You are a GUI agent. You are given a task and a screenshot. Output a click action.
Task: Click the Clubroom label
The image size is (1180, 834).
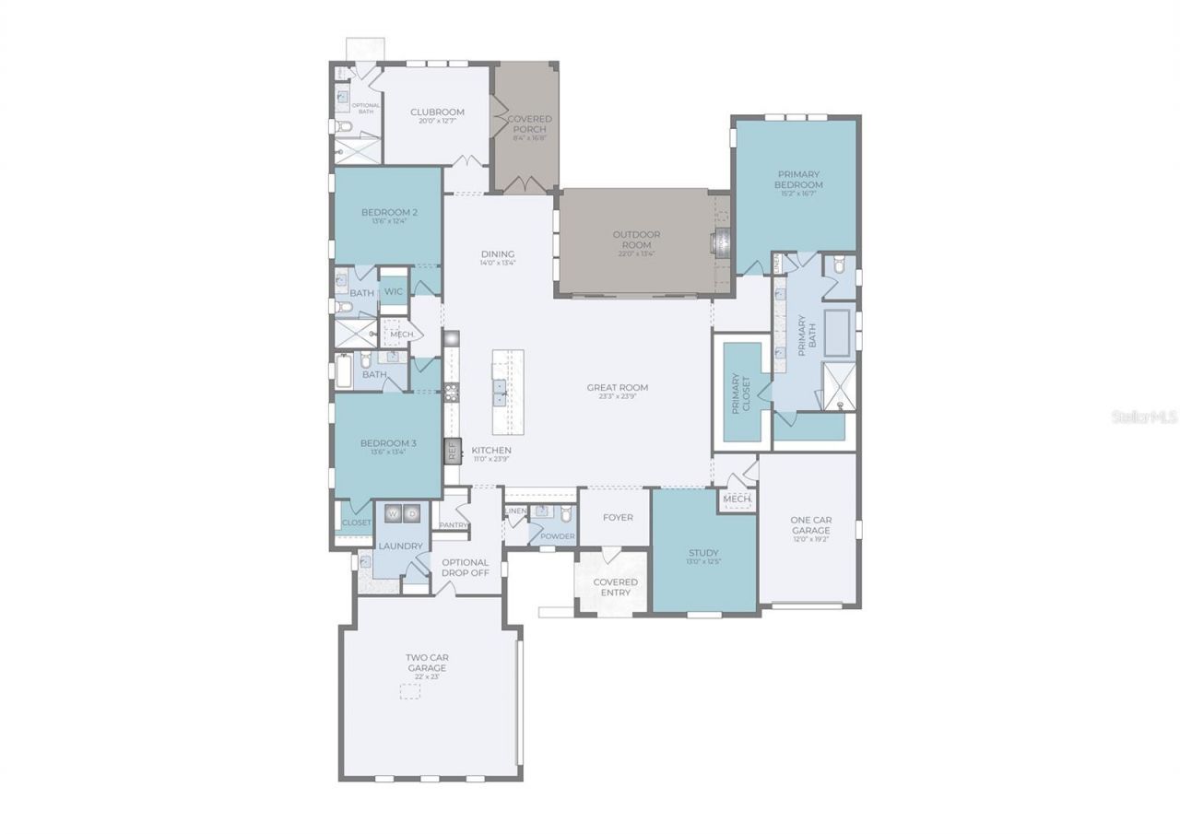click(x=436, y=112)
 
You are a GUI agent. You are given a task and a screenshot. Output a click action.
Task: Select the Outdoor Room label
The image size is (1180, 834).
click(x=636, y=240)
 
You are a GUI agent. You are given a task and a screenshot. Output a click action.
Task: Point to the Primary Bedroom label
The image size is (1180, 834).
click(x=798, y=179)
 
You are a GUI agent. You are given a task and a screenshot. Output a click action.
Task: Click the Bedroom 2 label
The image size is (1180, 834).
click(x=389, y=213)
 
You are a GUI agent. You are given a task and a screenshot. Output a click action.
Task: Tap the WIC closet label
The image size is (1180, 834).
click(x=394, y=291)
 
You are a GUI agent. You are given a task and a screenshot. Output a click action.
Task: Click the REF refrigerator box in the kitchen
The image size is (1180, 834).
click(x=453, y=451)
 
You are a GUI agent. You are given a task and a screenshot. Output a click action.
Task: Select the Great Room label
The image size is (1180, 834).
click(x=617, y=388)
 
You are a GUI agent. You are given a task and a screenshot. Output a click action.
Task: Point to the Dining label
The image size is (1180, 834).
click(x=498, y=255)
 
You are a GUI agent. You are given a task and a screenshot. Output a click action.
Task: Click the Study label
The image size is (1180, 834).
click(x=703, y=553)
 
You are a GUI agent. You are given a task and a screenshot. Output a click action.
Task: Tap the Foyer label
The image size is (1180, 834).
click(x=618, y=517)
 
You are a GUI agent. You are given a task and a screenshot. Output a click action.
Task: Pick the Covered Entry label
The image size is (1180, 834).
click(x=615, y=587)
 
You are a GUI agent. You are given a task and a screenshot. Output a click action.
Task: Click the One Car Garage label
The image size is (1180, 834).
click(x=810, y=525)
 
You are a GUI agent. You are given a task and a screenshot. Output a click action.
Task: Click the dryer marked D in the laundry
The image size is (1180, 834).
click(x=412, y=513)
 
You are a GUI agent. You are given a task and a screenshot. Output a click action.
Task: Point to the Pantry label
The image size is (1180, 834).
click(x=454, y=525)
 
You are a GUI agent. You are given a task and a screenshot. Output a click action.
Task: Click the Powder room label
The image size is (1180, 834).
click(x=557, y=535)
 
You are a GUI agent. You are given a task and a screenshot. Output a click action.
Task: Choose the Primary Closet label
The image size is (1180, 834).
click(x=742, y=393)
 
